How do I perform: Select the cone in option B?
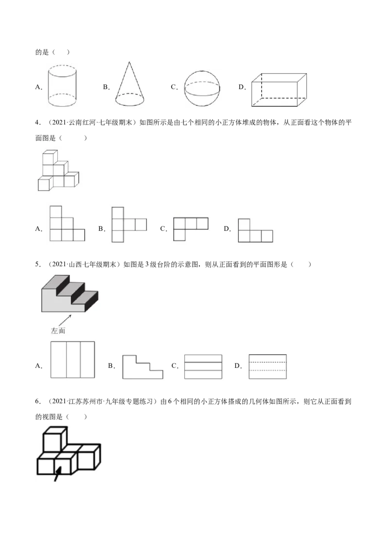pyautogui.click(x=129, y=84)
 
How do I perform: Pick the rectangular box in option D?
pyautogui.click(x=279, y=90)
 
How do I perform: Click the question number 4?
pyautogui.click(x=37, y=122)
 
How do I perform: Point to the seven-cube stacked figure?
pyautogui.click(x=58, y=171)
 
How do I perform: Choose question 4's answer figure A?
pyautogui.click(x=67, y=223)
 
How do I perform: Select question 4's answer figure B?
pyautogui.click(x=129, y=224)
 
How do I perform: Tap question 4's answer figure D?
pyautogui.click(x=255, y=230)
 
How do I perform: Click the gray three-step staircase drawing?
pyautogui.click(x=70, y=293)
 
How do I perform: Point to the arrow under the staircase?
pyautogui.click(x=65, y=320)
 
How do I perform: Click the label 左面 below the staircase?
pyautogui.click(x=58, y=330)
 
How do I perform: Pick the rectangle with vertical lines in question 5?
pyautogui.click(x=72, y=360)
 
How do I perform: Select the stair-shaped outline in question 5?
pyautogui.click(x=142, y=367)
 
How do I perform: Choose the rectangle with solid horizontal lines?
pyautogui.click(x=203, y=367)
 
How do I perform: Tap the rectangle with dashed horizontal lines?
pyautogui.click(x=267, y=366)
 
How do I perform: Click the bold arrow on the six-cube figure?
pyautogui.click(x=57, y=474)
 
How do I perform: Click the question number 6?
pyautogui.click(x=37, y=401)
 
